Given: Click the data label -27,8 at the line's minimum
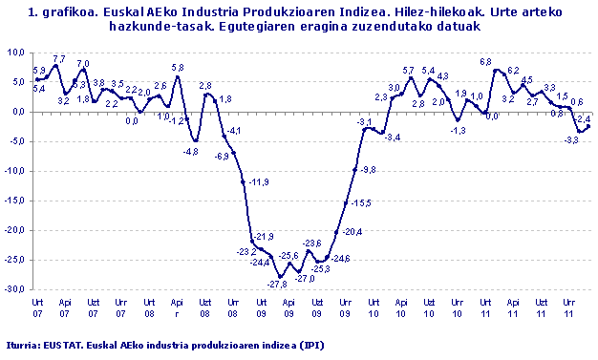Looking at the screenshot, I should [x=278, y=285].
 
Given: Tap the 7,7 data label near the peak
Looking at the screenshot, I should [x=58, y=59].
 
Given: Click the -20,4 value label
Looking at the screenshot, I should [x=352, y=232].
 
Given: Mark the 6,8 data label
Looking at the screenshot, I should [x=485, y=62].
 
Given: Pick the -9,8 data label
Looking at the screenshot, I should [x=368, y=169].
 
